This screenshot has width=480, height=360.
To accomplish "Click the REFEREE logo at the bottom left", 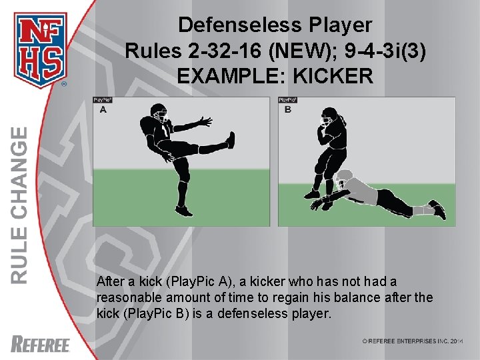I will click(x=41, y=344).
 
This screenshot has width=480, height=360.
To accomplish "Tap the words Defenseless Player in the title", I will click(x=275, y=25).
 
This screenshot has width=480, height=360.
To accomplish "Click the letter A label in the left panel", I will click(x=103, y=110).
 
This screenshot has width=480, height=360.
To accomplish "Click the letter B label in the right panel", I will click(x=287, y=110).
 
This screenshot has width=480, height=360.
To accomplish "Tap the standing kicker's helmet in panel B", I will click(x=327, y=122).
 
